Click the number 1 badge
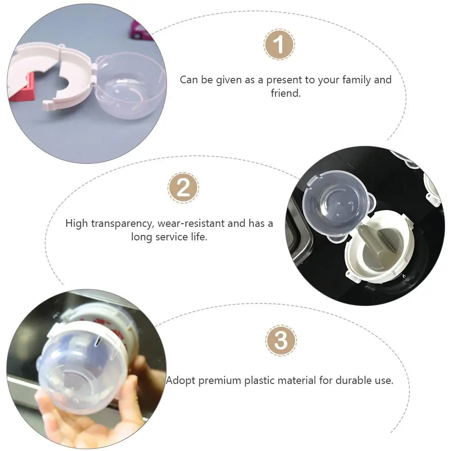(279, 44)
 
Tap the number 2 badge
(183, 188)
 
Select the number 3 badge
(281, 341)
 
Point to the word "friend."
(286, 93)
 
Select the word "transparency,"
(123, 224)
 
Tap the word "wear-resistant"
(191, 223)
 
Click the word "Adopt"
(180, 380)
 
